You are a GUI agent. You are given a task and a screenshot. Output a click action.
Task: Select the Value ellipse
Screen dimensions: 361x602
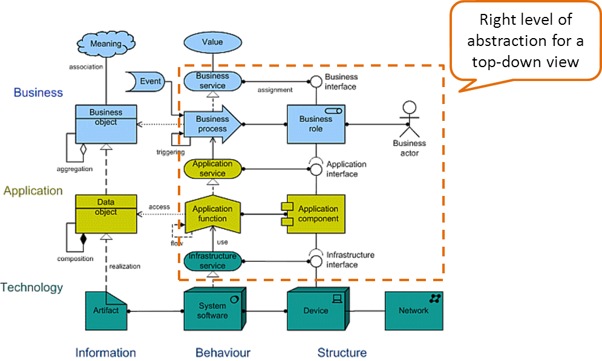tap(212, 42)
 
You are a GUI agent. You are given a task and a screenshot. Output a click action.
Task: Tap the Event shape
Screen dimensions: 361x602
tap(147, 82)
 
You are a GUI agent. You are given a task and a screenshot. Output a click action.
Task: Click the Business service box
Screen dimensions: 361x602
tap(212, 81)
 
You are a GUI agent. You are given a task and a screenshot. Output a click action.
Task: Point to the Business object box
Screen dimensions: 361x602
tap(106, 124)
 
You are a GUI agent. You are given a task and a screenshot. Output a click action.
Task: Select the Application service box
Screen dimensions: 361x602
tap(212, 169)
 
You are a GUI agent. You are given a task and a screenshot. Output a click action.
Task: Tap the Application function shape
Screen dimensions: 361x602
tap(212, 214)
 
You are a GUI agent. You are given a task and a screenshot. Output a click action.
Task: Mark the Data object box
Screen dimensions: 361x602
tap(106, 214)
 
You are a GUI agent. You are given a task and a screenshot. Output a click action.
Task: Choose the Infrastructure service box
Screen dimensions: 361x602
tap(212, 261)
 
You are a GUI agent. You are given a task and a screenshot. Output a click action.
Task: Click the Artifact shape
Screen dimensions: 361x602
tap(106, 310)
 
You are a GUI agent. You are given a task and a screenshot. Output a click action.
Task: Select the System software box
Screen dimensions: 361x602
tap(214, 311)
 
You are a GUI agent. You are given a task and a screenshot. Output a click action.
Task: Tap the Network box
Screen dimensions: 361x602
tap(414, 311)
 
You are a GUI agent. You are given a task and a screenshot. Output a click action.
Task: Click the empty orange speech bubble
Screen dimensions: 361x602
tap(525, 41)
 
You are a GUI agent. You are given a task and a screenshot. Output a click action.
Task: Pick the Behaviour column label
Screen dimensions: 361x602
tap(223, 352)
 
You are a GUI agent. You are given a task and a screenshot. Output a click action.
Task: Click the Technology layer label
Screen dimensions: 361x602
tap(33, 288)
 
